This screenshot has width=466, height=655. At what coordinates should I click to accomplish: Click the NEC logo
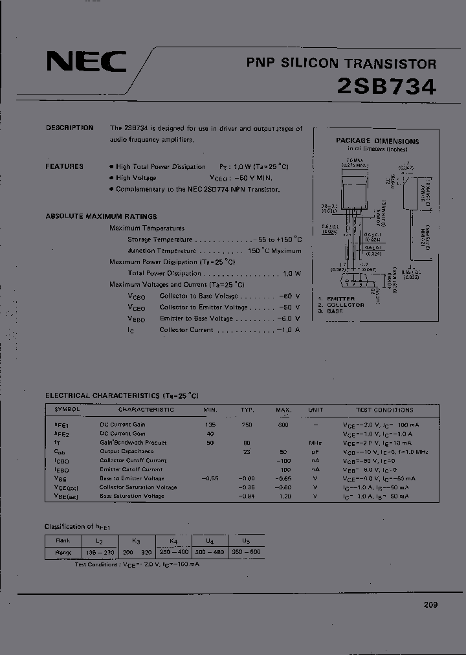(86, 63)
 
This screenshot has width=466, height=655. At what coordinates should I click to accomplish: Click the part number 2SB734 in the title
(387, 87)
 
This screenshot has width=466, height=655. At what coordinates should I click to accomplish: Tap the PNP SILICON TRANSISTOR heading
(341, 63)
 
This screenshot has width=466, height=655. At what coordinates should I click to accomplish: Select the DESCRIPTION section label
(69, 128)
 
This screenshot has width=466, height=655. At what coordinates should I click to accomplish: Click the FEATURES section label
(64, 166)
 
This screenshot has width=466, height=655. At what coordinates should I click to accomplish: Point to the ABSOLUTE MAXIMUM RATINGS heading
(101, 216)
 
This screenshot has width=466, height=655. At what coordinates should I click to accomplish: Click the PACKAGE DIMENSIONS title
(377, 140)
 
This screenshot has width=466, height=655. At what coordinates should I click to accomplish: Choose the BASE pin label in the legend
(335, 311)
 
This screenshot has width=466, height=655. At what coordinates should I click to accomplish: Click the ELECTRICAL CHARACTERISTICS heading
(122, 395)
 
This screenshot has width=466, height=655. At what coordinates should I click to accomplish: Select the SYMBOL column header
(67, 410)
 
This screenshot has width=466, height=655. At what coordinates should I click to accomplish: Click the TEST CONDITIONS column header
(384, 410)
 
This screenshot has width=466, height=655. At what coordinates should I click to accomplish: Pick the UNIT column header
(316, 410)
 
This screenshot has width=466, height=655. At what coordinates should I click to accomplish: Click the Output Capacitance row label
(126, 451)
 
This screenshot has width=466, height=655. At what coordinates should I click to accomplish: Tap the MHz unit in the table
(316, 443)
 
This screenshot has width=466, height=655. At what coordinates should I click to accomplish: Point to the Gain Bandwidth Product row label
(133, 443)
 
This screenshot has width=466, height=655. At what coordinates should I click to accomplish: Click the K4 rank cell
(173, 540)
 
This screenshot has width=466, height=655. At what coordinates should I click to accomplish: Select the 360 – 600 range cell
(246, 553)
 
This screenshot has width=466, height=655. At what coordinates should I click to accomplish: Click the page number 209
(430, 605)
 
